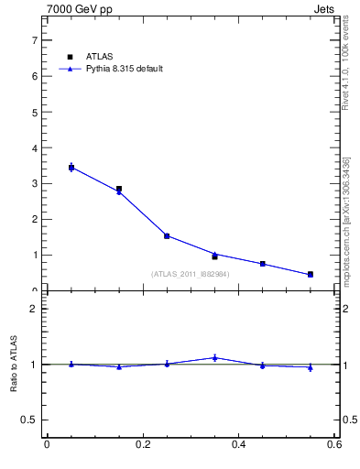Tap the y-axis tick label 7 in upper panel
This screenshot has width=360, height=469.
click(x=34, y=40)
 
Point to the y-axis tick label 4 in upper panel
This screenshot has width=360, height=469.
click(x=34, y=147)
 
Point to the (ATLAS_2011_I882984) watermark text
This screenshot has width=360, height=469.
click(x=190, y=274)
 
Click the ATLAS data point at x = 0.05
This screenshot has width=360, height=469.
click(x=71, y=167)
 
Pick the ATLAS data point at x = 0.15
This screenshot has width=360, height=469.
click(x=119, y=189)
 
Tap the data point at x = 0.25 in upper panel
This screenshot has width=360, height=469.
click(x=167, y=235)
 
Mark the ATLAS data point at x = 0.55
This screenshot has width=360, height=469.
click(x=311, y=274)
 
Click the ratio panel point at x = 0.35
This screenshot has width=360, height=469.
click(x=214, y=357)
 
